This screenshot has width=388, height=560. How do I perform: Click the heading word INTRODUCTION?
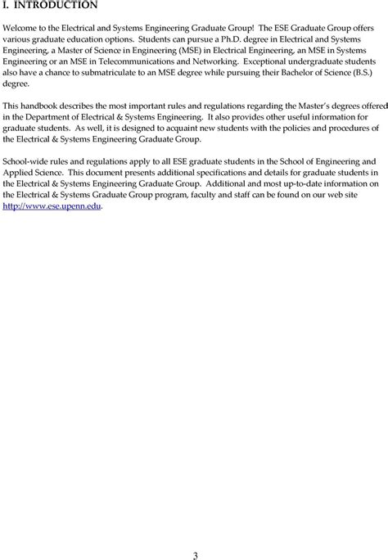pyautogui.click(x=56, y=6)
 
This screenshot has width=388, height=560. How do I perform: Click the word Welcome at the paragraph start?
pyautogui.click(x=21, y=28)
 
